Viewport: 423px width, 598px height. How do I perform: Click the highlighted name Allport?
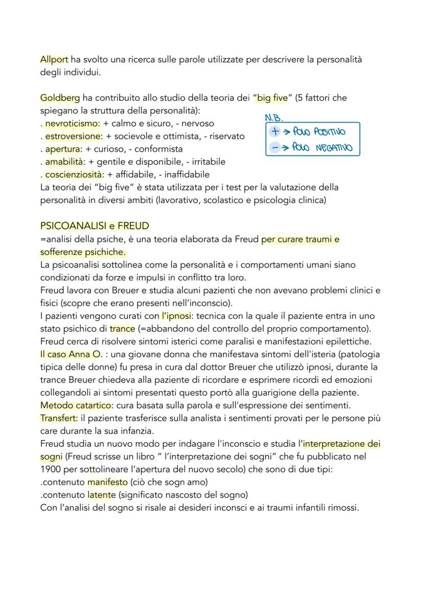(54, 60)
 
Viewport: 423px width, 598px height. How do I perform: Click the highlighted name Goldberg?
(57, 98)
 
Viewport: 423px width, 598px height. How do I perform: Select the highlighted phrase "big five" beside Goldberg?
(270, 98)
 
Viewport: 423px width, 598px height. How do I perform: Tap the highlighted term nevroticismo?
(73, 124)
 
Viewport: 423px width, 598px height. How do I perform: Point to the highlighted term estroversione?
(74, 136)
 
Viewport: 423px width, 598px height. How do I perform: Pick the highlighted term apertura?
(64, 149)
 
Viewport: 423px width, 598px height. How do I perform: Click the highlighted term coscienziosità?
(76, 175)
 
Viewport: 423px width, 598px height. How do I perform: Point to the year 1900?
(51, 469)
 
